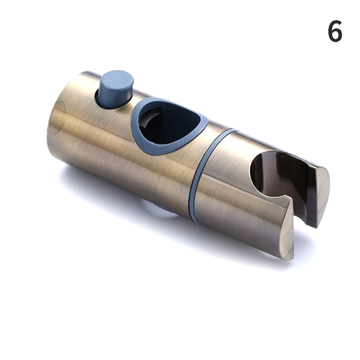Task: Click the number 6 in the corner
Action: tap(335, 31)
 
